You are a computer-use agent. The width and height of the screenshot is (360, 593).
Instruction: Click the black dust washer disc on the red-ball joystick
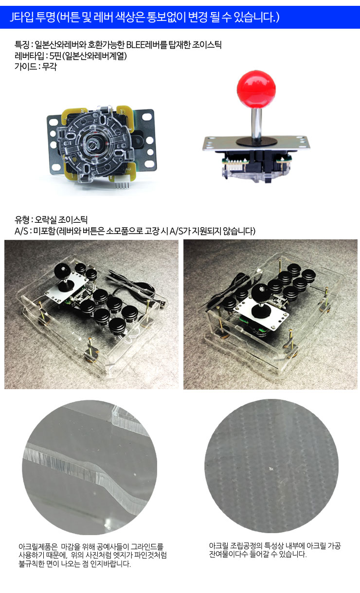(256, 142)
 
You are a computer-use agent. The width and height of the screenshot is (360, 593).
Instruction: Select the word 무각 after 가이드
(50, 67)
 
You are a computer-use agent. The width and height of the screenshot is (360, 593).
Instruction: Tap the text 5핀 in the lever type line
(55, 56)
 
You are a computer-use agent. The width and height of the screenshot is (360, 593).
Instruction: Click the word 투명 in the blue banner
(46, 17)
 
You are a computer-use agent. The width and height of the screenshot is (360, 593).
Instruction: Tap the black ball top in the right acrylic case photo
(261, 293)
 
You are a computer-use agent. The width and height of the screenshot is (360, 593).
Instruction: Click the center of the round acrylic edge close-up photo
(90, 467)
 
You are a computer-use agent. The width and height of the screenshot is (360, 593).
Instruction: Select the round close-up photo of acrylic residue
(271, 466)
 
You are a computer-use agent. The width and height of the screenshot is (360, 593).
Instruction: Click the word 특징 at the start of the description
(22, 45)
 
